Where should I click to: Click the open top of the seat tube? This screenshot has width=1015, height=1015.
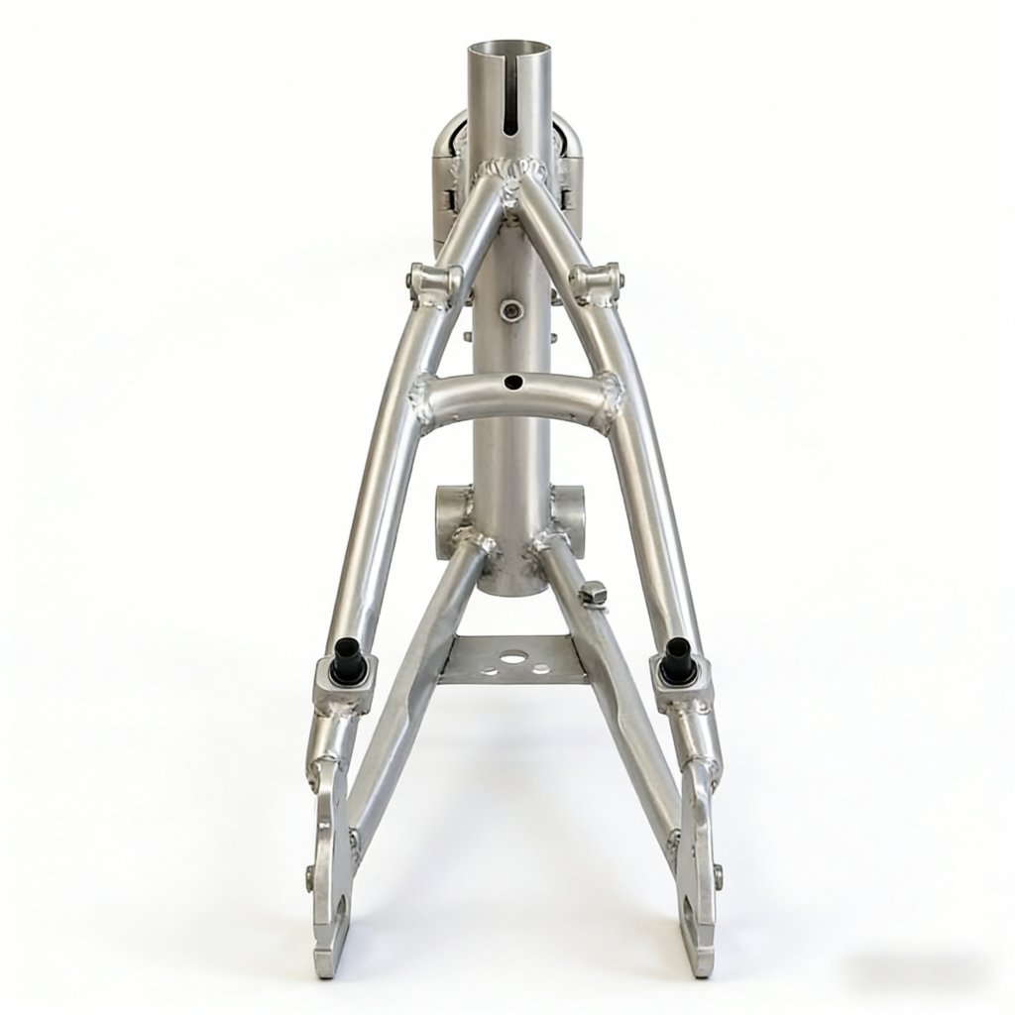(x=508, y=50)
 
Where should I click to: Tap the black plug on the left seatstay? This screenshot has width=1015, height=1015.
(x=348, y=660)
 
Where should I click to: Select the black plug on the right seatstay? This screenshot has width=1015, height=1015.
(x=677, y=660)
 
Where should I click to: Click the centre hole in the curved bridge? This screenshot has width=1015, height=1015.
(x=511, y=382)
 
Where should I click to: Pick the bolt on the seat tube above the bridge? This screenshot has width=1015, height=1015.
(x=511, y=310)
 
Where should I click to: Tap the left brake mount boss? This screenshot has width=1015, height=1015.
(x=433, y=282)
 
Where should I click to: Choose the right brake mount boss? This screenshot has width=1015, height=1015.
(x=595, y=282)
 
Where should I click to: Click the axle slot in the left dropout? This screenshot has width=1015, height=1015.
(x=337, y=912)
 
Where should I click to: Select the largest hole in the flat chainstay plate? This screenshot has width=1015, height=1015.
(x=512, y=656)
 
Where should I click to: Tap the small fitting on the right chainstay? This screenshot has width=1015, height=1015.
(x=592, y=593)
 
